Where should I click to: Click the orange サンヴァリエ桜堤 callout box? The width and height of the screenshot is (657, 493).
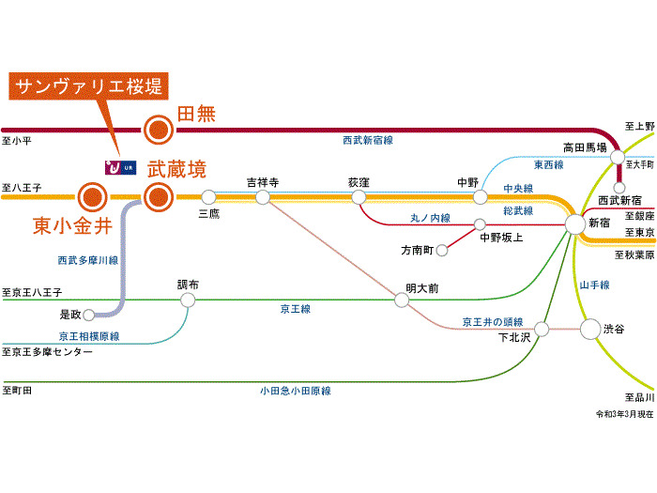point(88,87)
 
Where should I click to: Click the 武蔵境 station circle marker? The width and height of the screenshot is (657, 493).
point(158,197)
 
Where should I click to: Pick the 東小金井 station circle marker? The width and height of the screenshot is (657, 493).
point(92,197)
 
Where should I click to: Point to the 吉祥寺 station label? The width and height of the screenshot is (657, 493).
point(263,182)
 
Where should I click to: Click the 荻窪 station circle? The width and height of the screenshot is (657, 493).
point(359,197)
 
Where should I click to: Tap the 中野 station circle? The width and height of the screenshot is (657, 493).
point(481,197)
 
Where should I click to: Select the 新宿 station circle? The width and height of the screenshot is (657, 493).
point(574,224)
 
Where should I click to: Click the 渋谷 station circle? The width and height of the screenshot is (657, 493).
point(589,329)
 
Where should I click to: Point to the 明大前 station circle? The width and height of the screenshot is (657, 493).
point(402,300)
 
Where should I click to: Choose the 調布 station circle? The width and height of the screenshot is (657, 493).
point(188,300)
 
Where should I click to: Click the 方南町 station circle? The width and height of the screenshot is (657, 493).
point(441,251)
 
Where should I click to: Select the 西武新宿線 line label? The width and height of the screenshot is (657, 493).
point(367,140)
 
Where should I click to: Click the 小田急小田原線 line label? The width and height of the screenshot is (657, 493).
point(296,391)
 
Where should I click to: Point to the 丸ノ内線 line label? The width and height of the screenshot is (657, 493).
point(430,218)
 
